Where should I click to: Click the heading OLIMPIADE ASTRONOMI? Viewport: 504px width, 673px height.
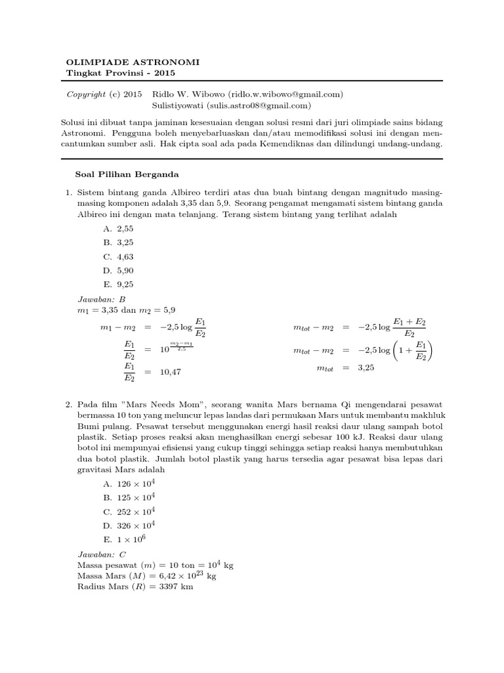click(x=133, y=62)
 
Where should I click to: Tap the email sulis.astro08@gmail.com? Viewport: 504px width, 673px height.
click(x=258, y=105)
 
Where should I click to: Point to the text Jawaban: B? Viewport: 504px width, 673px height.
click(x=96, y=299)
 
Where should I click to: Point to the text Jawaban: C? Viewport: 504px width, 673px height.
click(x=96, y=553)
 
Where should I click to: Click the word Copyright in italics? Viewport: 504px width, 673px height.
click(x=87, y=95)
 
